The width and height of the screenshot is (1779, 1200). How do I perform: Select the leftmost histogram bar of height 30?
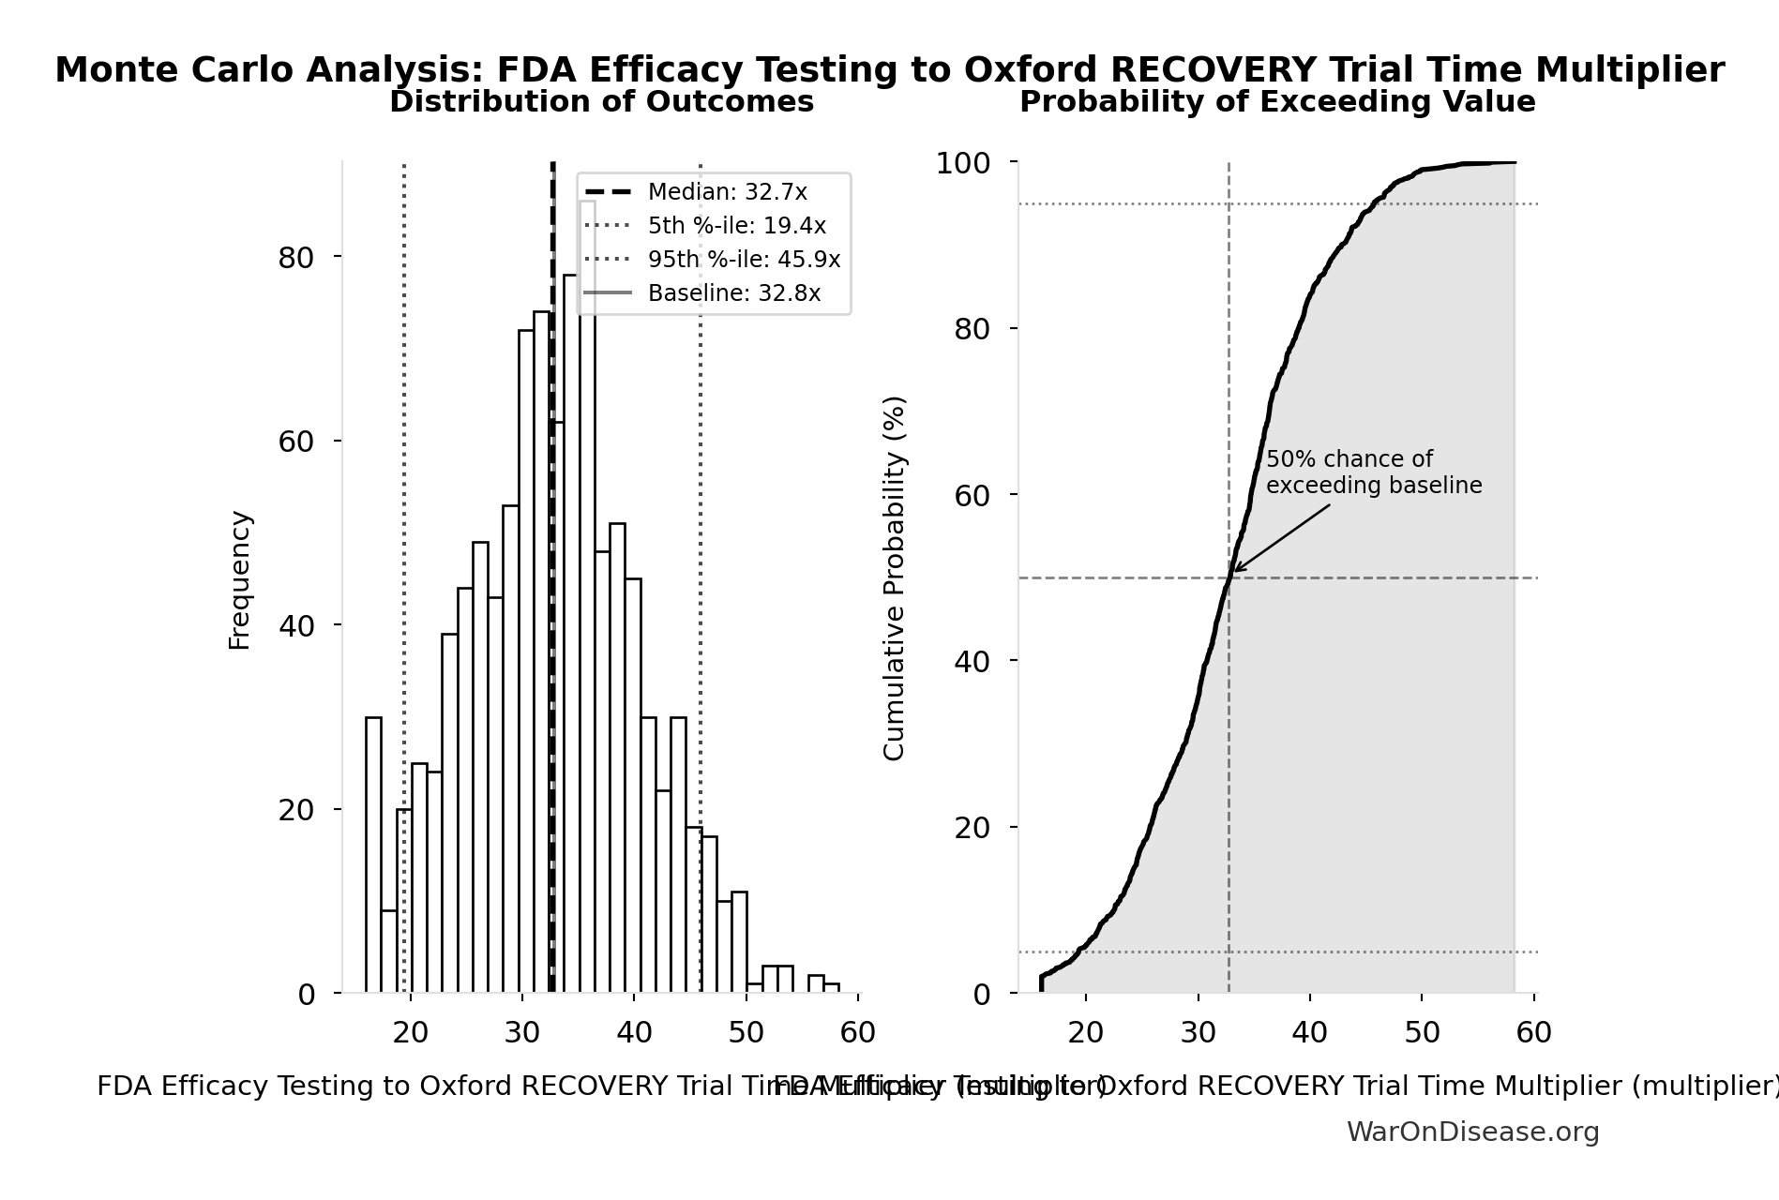click(373, 854)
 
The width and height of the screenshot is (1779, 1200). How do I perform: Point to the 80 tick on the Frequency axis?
click(295, 258)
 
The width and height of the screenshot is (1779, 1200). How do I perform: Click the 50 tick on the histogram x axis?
click(746, 1032)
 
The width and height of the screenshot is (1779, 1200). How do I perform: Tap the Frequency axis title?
click(240, 579)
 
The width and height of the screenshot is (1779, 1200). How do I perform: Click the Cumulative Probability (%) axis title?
click(895, 577)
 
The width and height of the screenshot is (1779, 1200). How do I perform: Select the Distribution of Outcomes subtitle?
click(601, 102)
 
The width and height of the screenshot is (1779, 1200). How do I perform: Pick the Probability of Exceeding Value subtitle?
click(1277, 102)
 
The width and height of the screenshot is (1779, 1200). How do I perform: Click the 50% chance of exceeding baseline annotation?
click(1373, 472)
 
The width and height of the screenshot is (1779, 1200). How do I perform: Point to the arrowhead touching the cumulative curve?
click(1235, 570)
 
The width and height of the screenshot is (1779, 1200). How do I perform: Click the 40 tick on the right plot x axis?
click(1309, 1032)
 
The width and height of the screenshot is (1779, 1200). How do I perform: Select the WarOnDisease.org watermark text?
click(1472, 1132)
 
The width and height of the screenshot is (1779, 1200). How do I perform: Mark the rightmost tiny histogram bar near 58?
click(832, 988)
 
